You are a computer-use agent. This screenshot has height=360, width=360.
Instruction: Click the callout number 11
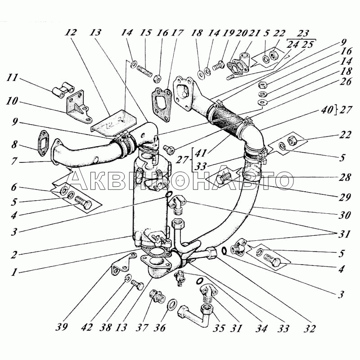pos(13,77)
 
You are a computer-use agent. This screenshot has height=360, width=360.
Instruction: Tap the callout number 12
pos(71,33)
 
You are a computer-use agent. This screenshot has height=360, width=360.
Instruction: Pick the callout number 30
pos(345,216)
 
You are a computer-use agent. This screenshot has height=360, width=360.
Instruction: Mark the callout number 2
pos(14,254)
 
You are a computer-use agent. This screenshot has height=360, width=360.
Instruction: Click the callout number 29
pos(345,197)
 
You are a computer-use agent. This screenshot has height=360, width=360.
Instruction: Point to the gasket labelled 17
pos(162,103)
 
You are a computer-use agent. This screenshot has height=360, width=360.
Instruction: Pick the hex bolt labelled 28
pos(223,179)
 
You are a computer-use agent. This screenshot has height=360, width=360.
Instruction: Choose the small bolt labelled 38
pos(136,283)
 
